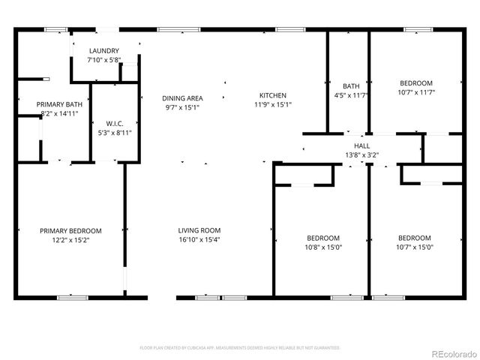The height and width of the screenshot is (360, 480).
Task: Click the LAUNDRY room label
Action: (104, 50)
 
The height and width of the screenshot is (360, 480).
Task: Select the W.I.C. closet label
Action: (115, 123)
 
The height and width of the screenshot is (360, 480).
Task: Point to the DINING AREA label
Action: (183, 97)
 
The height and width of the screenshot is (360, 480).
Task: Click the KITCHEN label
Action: (272, 95)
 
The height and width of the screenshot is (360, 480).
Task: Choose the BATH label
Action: (351, 86)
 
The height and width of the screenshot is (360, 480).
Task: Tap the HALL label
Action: (362, 145)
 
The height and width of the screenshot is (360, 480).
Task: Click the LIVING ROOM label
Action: (199, 230)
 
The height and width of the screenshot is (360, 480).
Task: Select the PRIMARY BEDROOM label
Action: (70, 231)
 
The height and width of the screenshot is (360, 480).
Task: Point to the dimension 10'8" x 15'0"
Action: (322, 247)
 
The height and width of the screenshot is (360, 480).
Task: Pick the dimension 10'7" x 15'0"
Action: (415, 247)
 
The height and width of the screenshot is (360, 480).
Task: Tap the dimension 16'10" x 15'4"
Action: (199, 240)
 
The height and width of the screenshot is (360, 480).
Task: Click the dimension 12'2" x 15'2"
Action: (70, 240)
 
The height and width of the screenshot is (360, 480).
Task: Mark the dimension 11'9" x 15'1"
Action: (272, 105)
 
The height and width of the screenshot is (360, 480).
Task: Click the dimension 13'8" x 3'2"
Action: (362, 154)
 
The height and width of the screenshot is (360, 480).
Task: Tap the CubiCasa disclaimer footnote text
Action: (240, 348)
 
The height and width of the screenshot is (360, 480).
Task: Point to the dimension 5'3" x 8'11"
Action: (115, 132)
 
